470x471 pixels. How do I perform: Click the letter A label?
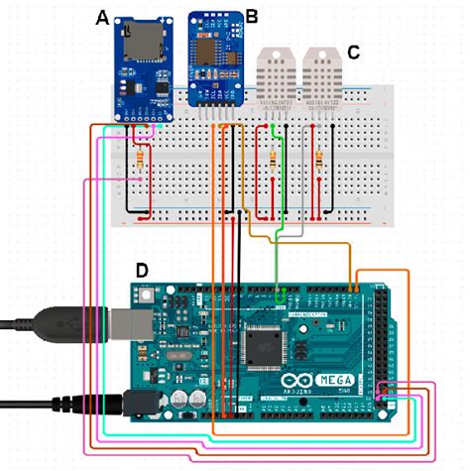101,17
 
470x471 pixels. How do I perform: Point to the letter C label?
354,51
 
